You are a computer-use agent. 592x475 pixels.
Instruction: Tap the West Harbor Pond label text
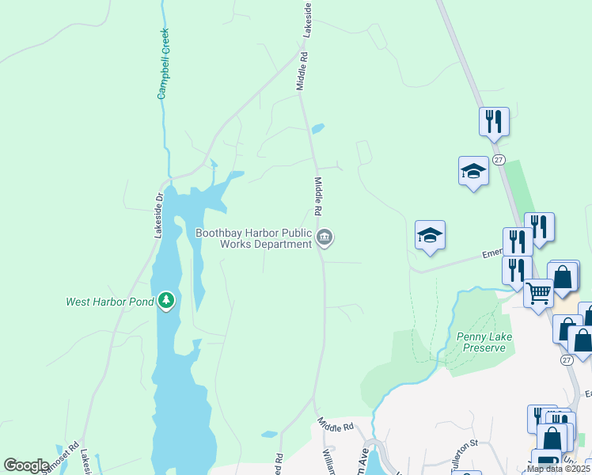(110, 302)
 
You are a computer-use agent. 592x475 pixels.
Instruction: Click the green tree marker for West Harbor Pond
(165, 300)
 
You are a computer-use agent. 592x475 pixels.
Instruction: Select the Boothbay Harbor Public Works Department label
(254, 238)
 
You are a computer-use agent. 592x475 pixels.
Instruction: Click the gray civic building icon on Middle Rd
(324, 237)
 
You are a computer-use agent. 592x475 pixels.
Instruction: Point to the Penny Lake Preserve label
(484, 342)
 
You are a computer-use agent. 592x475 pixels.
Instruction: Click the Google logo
(26, 465)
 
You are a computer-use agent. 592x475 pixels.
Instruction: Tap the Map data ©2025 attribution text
(558, 469)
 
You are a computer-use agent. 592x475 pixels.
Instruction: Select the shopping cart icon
(538, 294)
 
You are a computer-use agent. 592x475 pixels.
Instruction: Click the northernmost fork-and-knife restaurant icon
(493, 122)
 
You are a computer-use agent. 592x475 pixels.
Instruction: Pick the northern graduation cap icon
(473, 171)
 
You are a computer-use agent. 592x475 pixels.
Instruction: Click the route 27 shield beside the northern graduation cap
(498, 160)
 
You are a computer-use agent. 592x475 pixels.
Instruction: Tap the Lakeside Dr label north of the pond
(158, 215)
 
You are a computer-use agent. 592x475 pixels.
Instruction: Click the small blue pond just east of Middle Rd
(317, 128)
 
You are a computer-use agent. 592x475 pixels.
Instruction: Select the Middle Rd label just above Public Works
(318, 197)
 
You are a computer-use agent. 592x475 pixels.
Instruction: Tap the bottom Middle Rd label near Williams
(336, 425)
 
